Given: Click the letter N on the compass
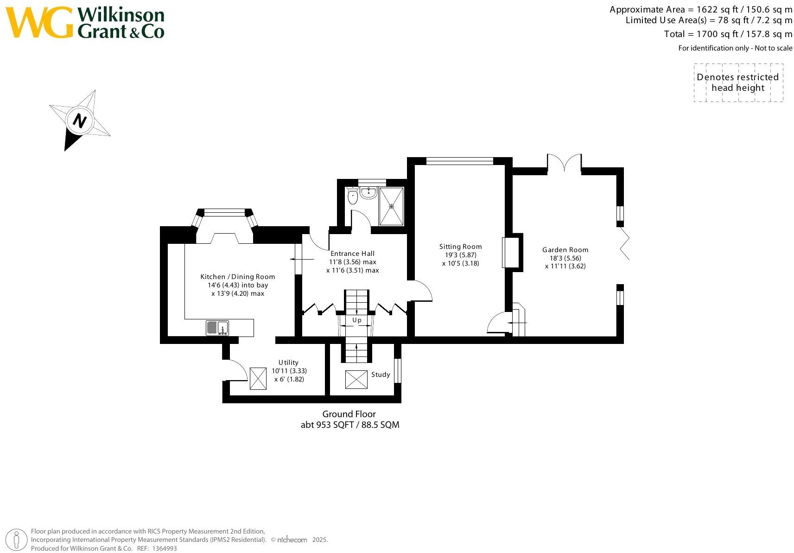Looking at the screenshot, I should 80,121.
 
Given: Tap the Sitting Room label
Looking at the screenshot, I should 460,247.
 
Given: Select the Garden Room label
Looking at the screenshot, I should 565,250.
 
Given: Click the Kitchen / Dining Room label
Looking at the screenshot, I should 237,277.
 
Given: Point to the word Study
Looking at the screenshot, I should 380,375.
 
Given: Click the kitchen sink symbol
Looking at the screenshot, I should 217,328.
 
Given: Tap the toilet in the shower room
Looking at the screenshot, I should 353,197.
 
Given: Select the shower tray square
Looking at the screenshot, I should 392,206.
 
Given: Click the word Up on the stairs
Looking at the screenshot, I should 356,320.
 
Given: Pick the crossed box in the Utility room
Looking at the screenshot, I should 258,378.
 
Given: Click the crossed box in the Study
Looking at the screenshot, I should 356,380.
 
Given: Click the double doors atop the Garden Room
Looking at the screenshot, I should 564,163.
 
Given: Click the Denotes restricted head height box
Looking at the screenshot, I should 738,83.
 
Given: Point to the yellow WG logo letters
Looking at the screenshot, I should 39,22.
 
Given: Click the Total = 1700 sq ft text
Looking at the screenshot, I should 728,34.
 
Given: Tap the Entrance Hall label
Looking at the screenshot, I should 352,254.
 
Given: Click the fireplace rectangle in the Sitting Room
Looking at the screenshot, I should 510,252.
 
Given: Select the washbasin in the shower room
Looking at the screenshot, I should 369,193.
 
